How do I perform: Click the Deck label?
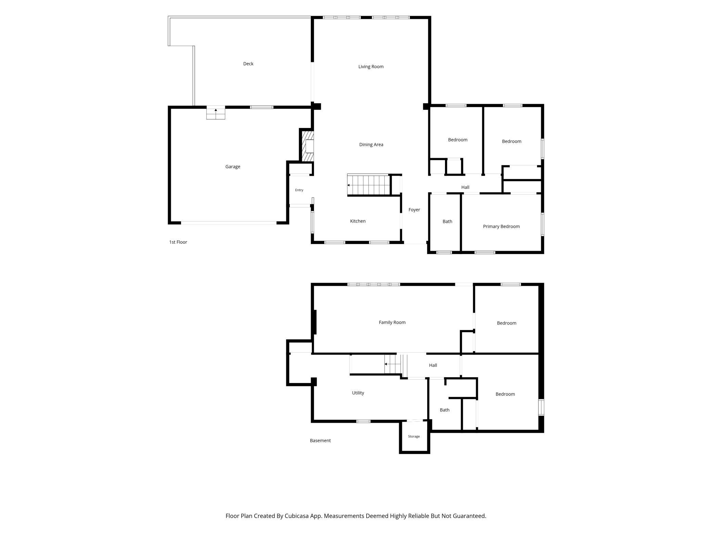pos(248,64)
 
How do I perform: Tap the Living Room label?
pos(371,67)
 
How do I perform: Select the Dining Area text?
pos(371,144)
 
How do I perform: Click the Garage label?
pos(233,167)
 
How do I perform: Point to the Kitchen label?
pos(358,221)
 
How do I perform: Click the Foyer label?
pos(414,210)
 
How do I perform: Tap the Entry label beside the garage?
pos(299,190)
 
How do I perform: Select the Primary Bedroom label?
pos(501,227)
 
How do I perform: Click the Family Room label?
pos(392,322)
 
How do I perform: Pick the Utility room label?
pos(358,393)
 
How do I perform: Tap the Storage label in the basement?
pos(414,436)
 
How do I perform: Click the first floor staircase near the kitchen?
pos(369,185)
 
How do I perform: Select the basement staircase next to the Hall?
pos(393,364)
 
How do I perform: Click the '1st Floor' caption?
pos(178,242)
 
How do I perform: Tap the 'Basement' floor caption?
pos(320,441)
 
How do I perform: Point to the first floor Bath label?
pos(447,221)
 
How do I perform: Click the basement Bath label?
pos(445,410)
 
